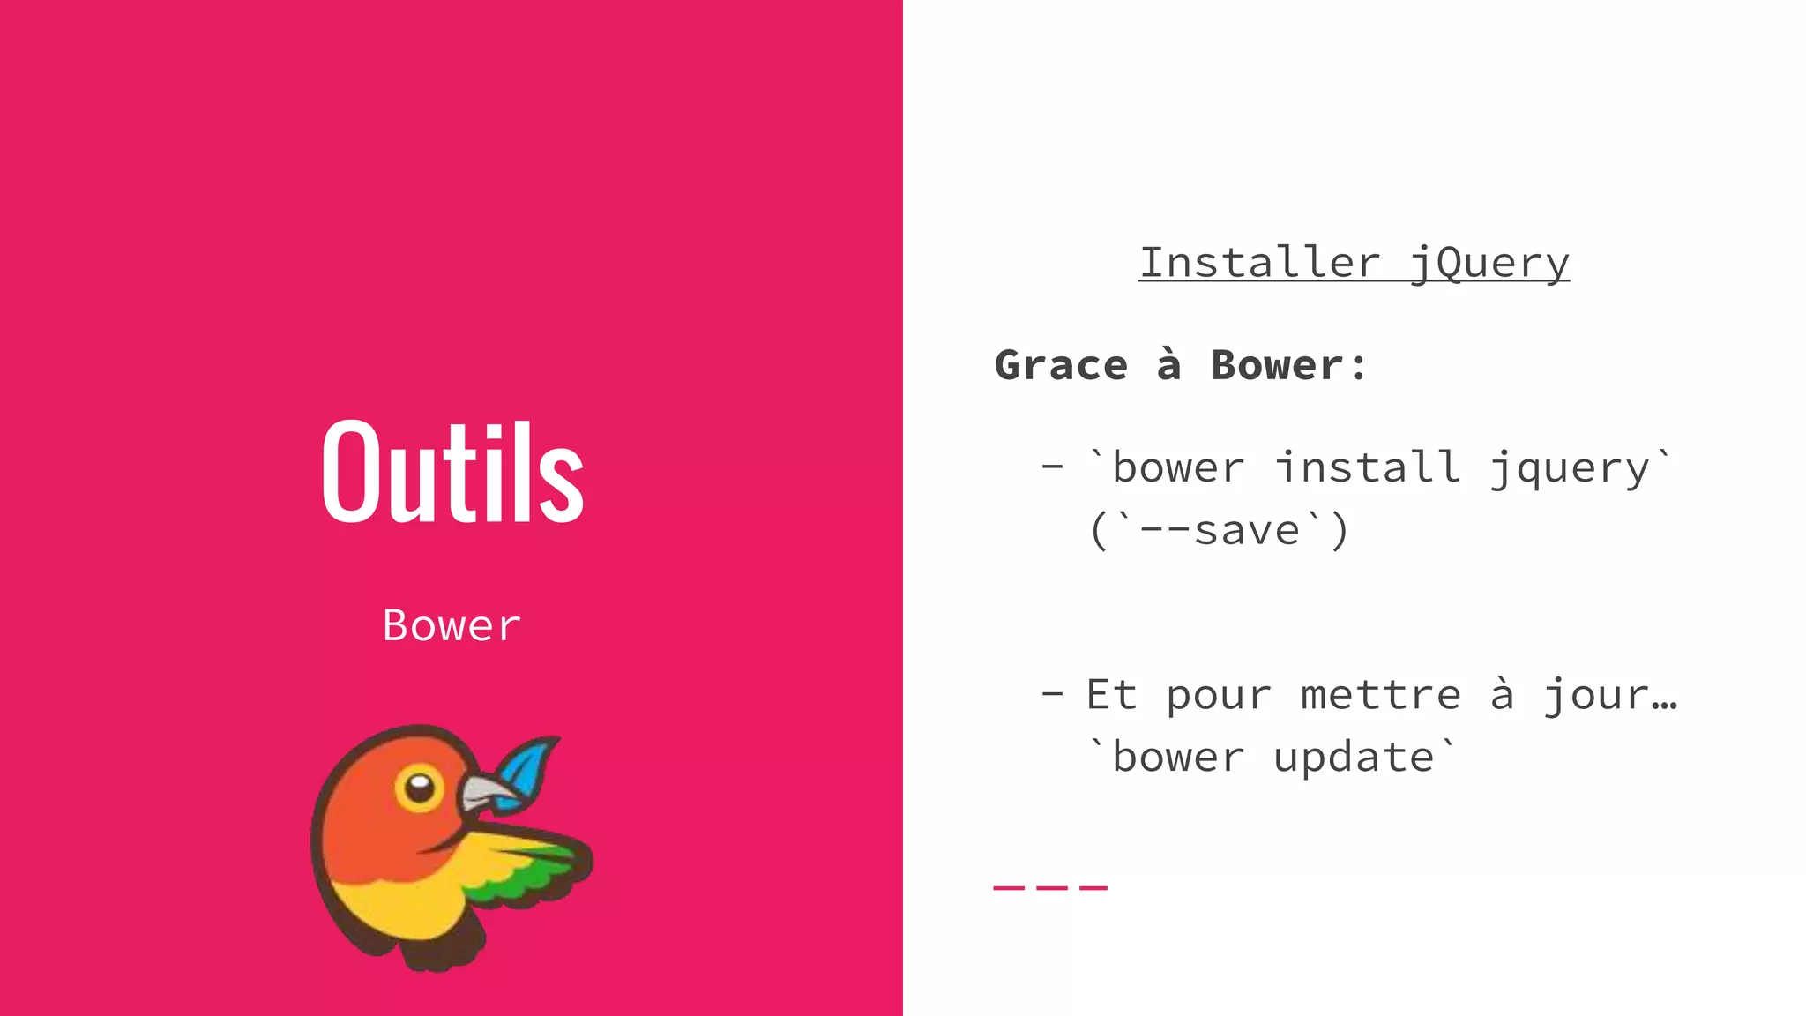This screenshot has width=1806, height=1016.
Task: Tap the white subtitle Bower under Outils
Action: tap(451, 625)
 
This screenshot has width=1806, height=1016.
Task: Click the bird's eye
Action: tap(420, 785)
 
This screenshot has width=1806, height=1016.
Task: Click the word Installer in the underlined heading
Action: tap(1259, 263)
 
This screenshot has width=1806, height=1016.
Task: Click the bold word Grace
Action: tap(1061, 365)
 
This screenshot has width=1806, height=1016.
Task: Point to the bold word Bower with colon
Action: tap(1287, 365)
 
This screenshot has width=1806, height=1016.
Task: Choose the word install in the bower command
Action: tap(1368, 467)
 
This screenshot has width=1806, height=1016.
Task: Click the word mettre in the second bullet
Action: tap(1381, 695)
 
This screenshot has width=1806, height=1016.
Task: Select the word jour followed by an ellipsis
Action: tap(1608, 695)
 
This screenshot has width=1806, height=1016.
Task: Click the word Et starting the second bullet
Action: tap(1111, 695)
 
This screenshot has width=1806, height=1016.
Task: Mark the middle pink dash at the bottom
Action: tap(1050, 887)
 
